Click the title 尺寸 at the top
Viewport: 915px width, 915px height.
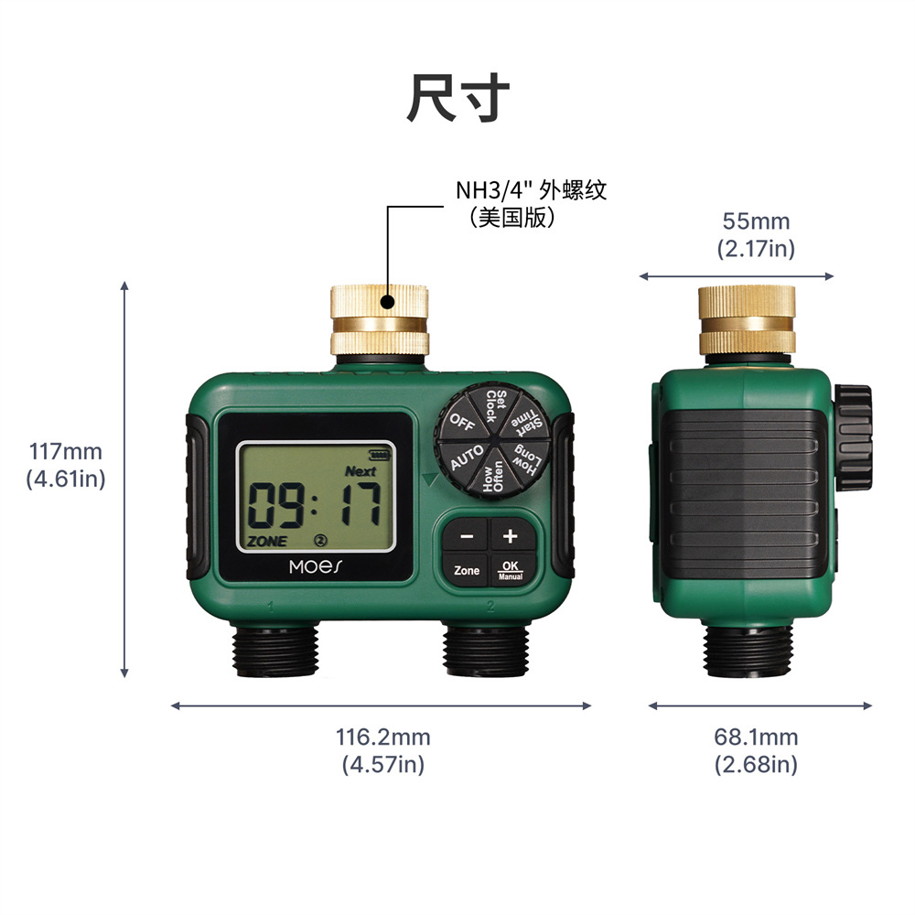457,99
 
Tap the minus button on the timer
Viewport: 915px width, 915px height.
467,536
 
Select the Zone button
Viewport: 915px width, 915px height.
467,571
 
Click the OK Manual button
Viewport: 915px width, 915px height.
511,571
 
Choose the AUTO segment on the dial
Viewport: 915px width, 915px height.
467,456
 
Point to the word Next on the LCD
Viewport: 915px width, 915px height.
361,471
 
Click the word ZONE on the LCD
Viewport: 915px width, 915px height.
267,541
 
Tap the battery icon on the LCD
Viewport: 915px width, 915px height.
377,455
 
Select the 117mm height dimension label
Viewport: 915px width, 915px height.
66,465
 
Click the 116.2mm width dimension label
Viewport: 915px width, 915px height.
382,750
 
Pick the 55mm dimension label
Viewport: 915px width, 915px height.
756,234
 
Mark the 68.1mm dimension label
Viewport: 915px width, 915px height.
756,750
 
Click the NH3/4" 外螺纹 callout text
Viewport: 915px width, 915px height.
531,190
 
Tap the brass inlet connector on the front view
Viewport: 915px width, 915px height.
379,320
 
